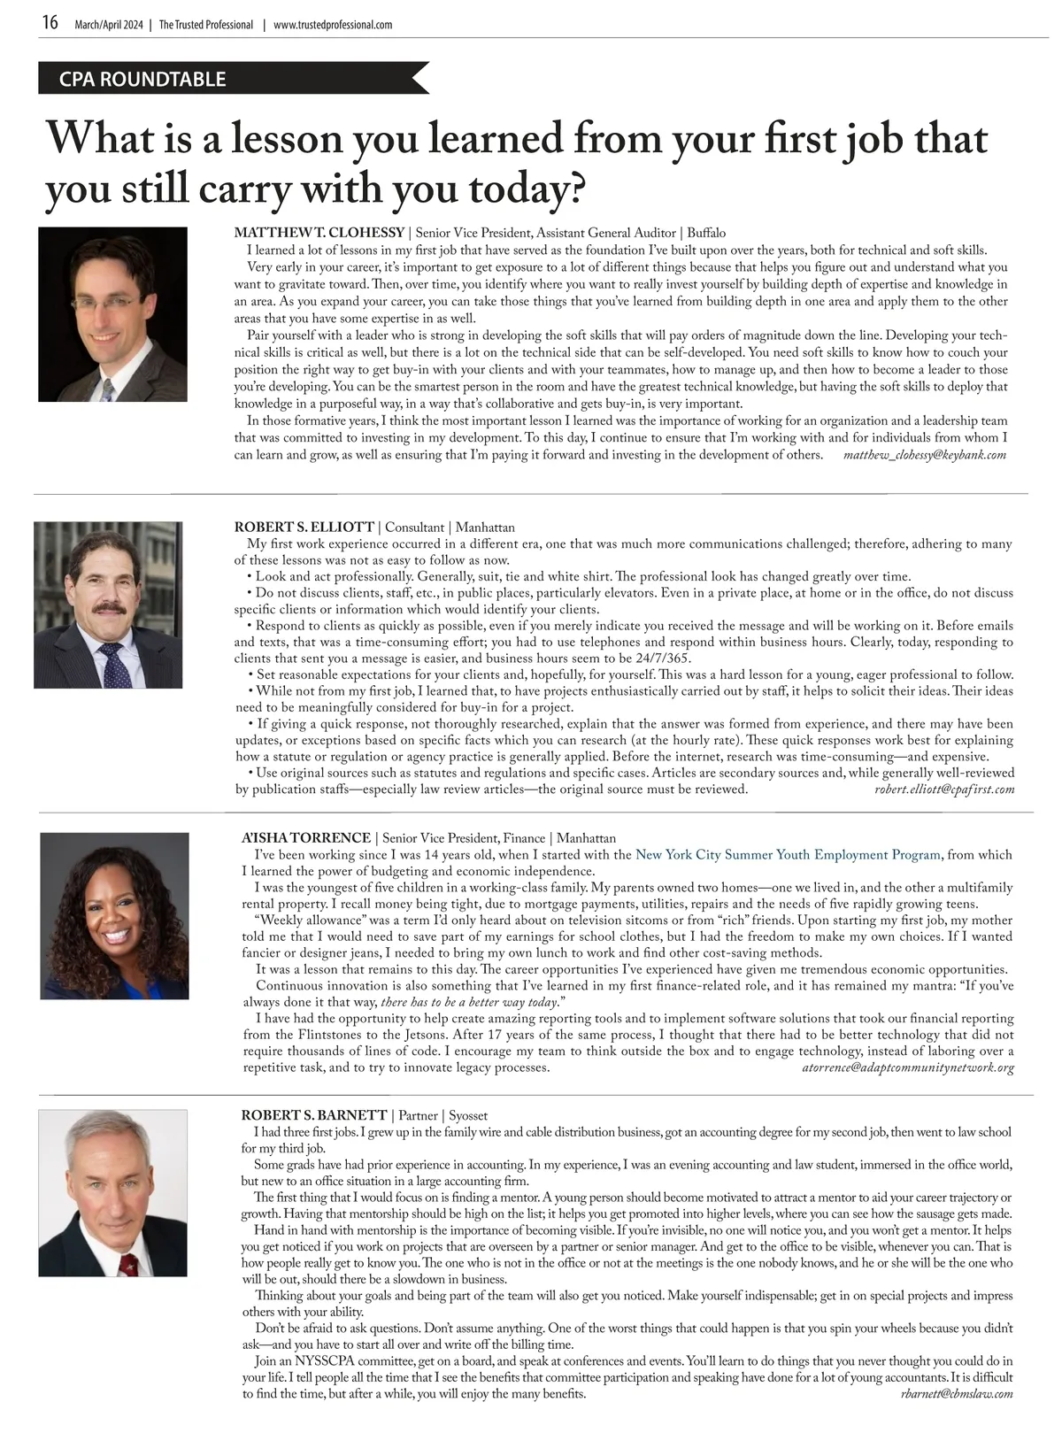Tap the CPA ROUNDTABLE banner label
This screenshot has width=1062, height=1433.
(142, 79)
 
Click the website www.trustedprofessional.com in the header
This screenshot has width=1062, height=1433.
(333, 25)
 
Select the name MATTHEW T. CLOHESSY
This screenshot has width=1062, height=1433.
(319, 233)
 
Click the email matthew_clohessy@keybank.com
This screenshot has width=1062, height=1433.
(925, 455)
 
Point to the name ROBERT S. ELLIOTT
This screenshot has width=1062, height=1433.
(304, 528)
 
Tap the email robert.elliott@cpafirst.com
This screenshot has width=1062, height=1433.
(943, 789)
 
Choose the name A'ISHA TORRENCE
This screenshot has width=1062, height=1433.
(306, 837)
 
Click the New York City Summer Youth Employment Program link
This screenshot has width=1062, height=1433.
(788, 855)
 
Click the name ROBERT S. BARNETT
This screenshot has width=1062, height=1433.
(314, 1115)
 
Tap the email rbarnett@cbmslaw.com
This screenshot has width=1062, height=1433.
(956, 1393)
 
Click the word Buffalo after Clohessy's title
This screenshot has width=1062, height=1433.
(705, 233)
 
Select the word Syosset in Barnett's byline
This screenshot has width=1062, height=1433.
(468, 1115)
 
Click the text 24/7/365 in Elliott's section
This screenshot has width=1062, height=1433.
(661, 658)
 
